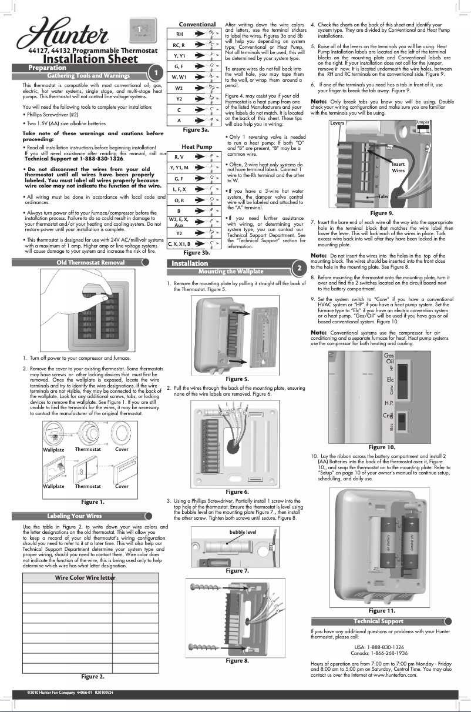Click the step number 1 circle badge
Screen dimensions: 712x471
click(x=155, y=72)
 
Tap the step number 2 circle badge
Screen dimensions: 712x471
click(x=299, y=268)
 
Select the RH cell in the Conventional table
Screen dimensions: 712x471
click(x=179, y=35)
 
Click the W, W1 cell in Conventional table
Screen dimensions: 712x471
click(x=179, y=77)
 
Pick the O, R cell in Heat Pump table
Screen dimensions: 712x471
click(x=180, y=200)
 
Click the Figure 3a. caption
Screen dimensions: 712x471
click(x=196, y=129)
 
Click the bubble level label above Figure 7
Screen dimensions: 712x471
click(x=243, y=532)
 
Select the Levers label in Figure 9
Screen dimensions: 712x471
click(x=337, y=123)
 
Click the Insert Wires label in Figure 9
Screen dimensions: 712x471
click(x=398, y=168)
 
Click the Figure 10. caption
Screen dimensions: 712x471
click(x=382, y=447)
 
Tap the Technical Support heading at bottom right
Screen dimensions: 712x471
click(x=378, y=621)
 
